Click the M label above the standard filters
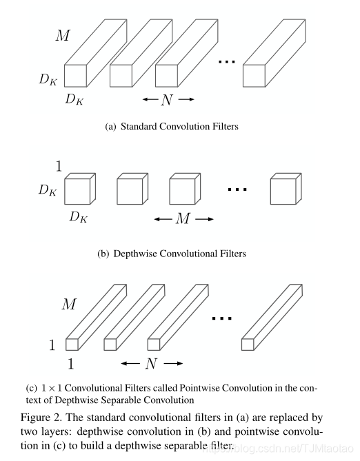[x=63, y=35]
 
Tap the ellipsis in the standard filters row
[x=227, y=61]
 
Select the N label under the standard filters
[x=167, y=100]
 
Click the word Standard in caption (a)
[x=139, y=126]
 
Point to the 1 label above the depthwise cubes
[x=59, y=166]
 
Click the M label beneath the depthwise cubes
[x=183, y=218]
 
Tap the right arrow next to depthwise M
[x=204, y=219]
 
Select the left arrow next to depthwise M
[x=163, y=219]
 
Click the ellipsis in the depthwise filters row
[x=237, y=189]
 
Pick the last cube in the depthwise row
[x=286, y=189]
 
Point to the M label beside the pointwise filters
[x=69, y=304]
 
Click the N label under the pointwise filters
[x=151, y=364]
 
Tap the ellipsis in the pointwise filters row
[x=222, y=318]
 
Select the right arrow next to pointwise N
[x=173, y=364]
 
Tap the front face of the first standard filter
[x=75, y=76]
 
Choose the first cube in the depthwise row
[x=80, y=189]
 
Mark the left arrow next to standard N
[x=150, y=99]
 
